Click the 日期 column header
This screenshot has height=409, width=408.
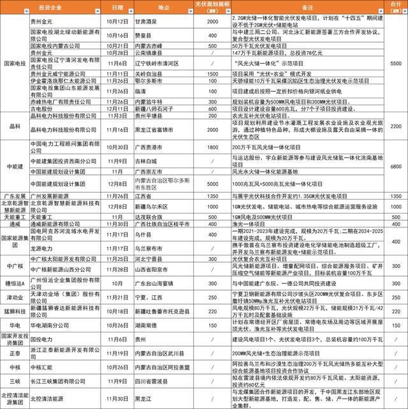(117, 8)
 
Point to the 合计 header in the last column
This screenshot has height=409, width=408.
(395, 8)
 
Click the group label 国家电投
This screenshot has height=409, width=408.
(15, 64)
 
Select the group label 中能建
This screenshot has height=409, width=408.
(15, 165)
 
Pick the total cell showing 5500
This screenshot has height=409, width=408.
(395, 64)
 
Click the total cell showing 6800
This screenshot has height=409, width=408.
(395, 165)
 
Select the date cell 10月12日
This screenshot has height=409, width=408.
(117, 22)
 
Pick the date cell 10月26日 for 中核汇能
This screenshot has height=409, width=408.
(117, 367)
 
